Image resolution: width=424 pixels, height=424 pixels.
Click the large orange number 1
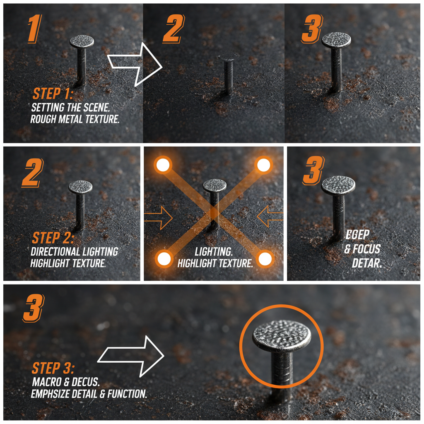click(35, 29)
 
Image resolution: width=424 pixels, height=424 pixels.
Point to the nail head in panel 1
click(82, 41)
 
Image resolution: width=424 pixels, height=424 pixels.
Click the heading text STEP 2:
click(53, 238)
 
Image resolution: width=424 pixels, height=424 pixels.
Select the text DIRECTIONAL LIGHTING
click(75, 251)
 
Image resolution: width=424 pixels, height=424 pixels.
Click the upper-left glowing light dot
click(163, 165)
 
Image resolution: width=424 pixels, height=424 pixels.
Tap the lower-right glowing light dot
click(265, 259)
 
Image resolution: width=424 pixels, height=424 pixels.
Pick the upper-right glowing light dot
click(263, 165)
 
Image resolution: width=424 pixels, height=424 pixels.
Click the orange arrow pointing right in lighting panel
click(159, 217)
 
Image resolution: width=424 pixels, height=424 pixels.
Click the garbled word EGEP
click(357, 236)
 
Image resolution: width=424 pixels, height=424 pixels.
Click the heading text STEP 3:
click(53, 368)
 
